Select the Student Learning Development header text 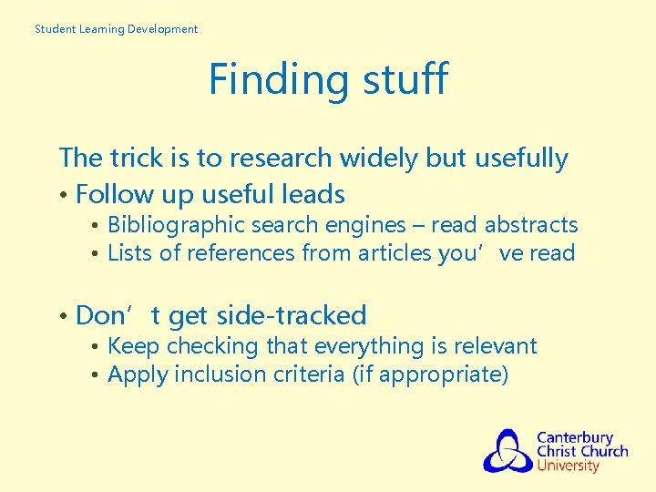coord(116,29)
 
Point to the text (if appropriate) coord(430,375)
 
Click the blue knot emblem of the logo coord(507,450)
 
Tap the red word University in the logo coord(568,466)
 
